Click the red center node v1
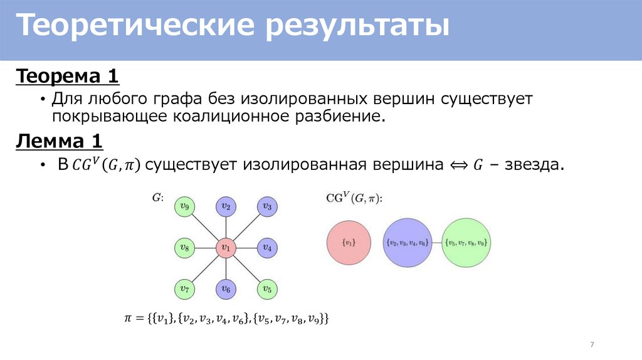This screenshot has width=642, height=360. (225, 248)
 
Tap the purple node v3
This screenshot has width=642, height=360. (266, 206)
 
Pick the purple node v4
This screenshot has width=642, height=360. (266, 248)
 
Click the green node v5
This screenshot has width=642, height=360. (266, 289)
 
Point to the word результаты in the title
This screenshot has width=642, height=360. (359, 27)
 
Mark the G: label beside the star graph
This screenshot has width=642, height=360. (158, 198)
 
